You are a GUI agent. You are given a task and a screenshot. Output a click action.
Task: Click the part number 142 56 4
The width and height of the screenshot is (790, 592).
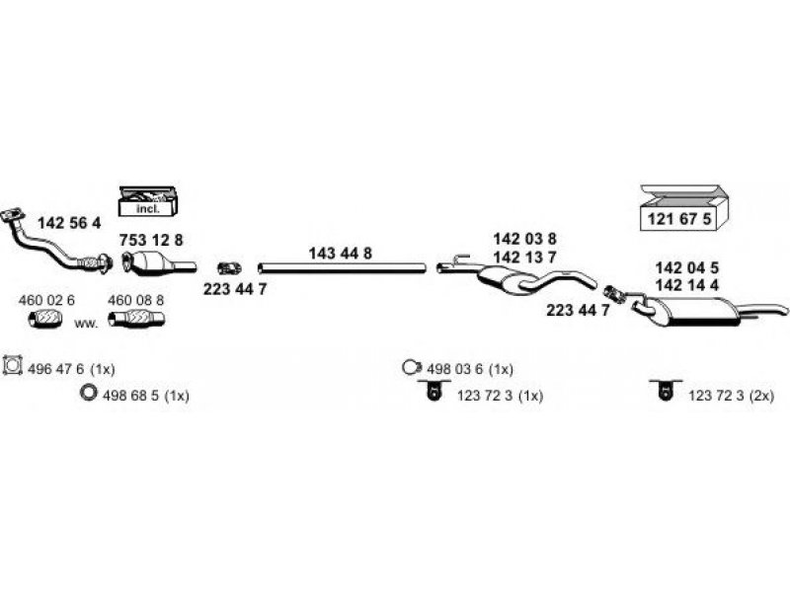coord(68,223)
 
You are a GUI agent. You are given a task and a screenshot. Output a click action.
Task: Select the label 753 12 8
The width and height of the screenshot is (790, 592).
coord(151,241)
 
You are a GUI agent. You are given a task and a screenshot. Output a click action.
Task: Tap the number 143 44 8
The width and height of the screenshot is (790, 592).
coord(340,254)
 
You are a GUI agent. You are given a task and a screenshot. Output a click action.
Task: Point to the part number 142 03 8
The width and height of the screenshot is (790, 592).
coord(524,239)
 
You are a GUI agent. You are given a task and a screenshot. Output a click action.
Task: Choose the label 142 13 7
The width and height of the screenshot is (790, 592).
coord(524,257)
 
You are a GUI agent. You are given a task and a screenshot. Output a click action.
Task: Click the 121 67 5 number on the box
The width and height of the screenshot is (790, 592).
coord(678,219)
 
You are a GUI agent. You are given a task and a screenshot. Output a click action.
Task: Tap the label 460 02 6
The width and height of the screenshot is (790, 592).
coord(47,300)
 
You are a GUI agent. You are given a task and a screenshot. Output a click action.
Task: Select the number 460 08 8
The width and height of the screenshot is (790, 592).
coord(135,300)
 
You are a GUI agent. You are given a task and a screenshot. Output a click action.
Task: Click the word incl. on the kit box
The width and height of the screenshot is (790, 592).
coord(146,207)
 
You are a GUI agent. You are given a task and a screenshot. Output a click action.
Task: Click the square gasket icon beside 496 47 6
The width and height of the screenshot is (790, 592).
coord(14,367)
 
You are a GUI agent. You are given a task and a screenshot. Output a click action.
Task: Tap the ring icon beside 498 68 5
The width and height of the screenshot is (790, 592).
coord(88,395)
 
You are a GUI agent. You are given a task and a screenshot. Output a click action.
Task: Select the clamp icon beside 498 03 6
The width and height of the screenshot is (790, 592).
coord(411,368)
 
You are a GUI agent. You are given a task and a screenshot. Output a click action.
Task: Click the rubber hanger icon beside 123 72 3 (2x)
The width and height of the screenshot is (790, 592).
coord(661,393)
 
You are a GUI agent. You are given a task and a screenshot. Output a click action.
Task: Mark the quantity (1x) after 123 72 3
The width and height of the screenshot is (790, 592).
coord(530,396)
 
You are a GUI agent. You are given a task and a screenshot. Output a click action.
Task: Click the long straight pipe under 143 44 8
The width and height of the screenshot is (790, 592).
coord(341,267)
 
